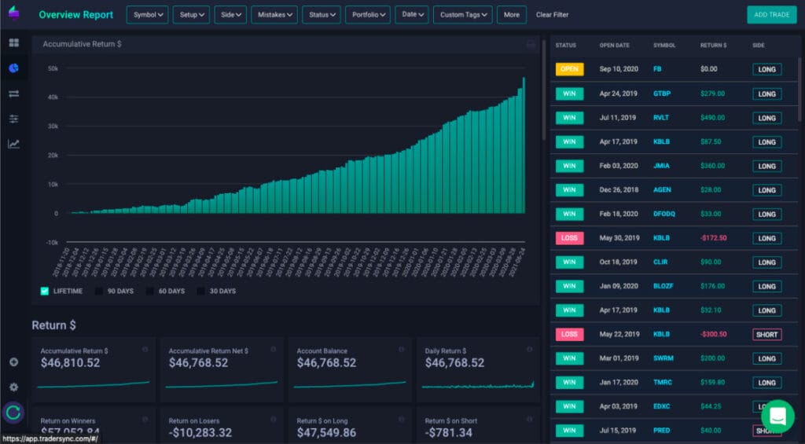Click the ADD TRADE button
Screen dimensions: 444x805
click(x=771, y=15)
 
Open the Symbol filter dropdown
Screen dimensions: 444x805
click(x=148, y=15)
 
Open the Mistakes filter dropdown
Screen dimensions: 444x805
click(x=274, y=15)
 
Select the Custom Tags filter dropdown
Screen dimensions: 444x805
click(x=462, y=15)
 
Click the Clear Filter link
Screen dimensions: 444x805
click(x=552, y=15)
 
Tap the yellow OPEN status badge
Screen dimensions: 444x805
click(x=569, y=69)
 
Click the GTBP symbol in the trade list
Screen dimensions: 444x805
click(x=662, y=94)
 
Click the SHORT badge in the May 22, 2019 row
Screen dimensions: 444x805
click(x=766, y=334)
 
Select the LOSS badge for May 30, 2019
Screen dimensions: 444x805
click(x=569, y=238)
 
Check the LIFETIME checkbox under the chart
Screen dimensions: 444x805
click(x=45, y=291)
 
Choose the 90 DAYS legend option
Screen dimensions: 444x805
click(x=99, y=291)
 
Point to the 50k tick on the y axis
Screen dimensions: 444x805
click(x=53, y=68)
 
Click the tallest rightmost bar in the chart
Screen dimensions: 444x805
click(x=524, y=145)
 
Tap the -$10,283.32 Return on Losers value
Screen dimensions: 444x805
click(x=200, y=433)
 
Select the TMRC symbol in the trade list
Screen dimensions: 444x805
click(x=663, y=383)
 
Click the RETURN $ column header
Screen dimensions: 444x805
click(x=714, y=45)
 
